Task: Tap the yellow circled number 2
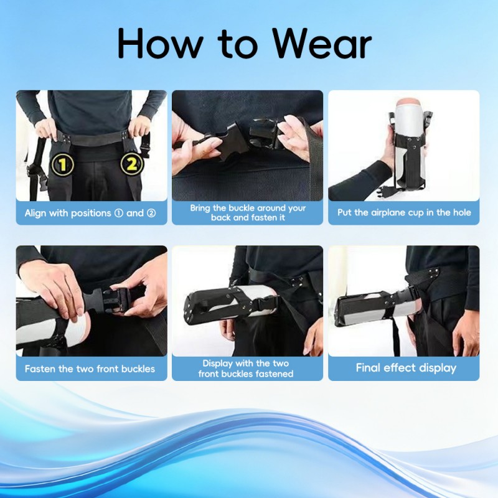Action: point(131,165)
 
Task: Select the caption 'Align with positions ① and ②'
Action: point(92,213)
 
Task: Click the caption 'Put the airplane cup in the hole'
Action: point(404,213)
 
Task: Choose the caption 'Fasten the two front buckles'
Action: point(90,369)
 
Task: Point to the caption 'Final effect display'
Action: point(406,368)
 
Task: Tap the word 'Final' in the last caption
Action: point(369,368)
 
